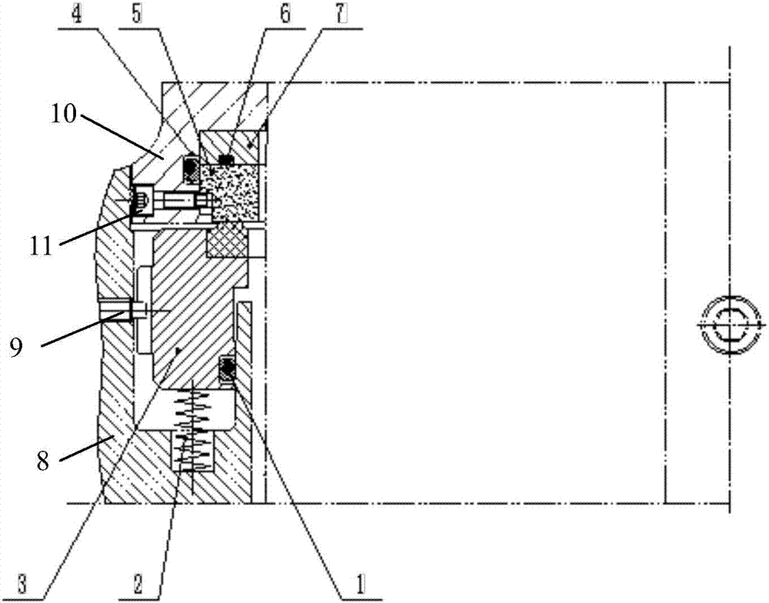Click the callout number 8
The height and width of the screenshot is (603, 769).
(x=43, y=461)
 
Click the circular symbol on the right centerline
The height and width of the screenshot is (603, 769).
(x=730, y=325)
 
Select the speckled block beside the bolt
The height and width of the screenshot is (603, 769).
(x=231, y=192)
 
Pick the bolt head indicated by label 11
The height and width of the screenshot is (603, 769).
(x=141, y=202)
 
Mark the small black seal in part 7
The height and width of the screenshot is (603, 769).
(x=225, y=159)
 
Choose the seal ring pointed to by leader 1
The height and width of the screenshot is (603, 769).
(x=227, y=368)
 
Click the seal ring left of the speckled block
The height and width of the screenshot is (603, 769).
(x=191, y=170)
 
